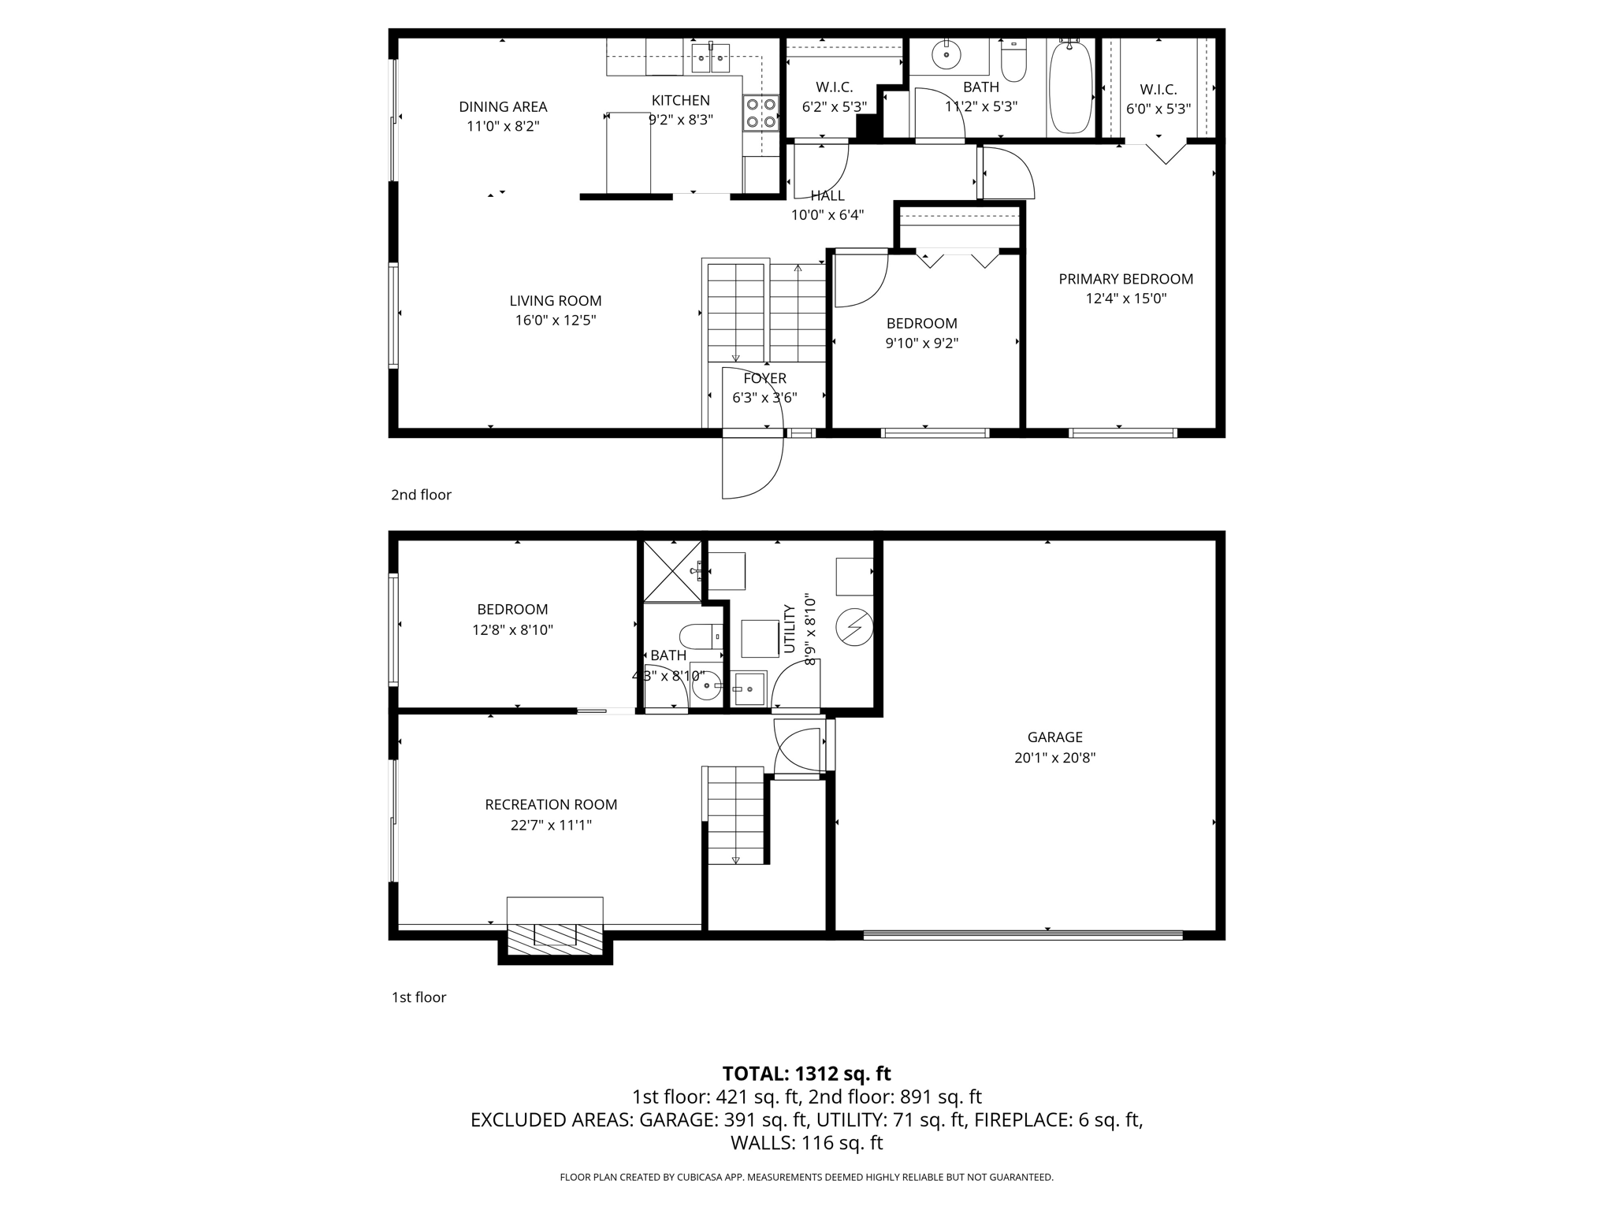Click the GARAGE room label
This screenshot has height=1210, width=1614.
1054,737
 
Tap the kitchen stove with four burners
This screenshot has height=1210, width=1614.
761,113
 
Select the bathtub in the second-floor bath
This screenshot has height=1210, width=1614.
1069,88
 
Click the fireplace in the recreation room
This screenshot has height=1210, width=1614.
555,934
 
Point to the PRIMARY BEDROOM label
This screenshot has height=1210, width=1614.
1125,279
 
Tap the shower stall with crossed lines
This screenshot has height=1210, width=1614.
672,572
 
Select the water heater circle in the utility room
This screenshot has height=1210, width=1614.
853,628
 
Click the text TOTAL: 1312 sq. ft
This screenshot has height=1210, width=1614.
806,1074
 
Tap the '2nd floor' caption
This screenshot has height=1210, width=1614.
421,495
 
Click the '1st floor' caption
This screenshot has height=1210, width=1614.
418,997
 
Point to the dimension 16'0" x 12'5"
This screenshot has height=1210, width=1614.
556,321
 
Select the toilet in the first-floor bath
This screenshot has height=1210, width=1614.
700,635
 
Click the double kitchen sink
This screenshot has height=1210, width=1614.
711,58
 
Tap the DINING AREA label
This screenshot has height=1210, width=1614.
503,107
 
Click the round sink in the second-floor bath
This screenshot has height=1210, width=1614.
946,54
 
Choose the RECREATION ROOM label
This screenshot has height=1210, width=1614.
551,804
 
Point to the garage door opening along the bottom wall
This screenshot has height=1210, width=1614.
1022,935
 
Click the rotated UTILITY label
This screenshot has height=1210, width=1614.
789,629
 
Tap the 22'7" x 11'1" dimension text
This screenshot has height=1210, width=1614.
551,826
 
